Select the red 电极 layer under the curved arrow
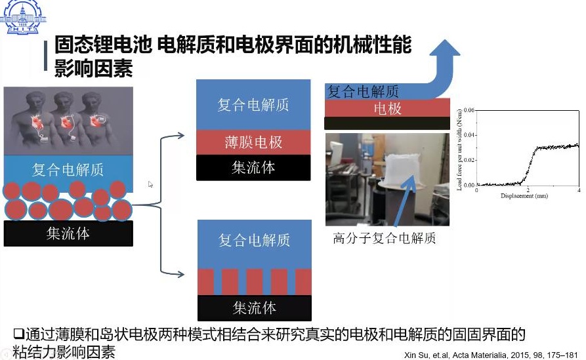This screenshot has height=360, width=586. point(387,108)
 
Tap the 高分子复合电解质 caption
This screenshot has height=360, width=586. point(384,238)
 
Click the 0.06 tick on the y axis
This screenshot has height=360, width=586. point(469,109)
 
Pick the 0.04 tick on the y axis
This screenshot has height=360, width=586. point(469,134)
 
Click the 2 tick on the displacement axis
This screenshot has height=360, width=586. point(527,190)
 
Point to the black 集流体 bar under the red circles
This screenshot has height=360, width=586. point(68,233)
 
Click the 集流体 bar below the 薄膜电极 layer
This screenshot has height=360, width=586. point(253,167)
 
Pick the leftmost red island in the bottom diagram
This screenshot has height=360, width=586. point(206,281)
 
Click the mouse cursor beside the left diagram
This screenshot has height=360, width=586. point(150,184)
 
